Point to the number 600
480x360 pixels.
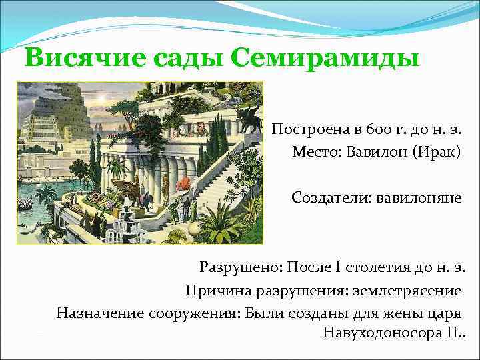point(364,128)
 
